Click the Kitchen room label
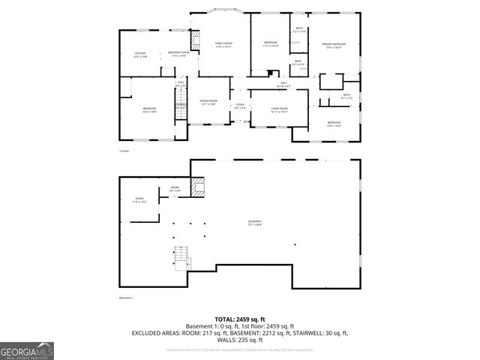139,55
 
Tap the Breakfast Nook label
178,53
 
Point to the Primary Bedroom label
334,46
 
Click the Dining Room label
208,102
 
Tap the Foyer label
240,106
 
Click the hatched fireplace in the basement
198,187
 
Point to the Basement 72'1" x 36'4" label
256,222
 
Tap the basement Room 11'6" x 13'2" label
139,199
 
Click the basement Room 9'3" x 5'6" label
174,188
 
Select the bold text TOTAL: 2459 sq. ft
240,319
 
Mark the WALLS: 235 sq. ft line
240,339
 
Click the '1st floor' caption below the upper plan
124,151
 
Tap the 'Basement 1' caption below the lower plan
126,298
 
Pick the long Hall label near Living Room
284,85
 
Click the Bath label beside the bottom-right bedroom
346,96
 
